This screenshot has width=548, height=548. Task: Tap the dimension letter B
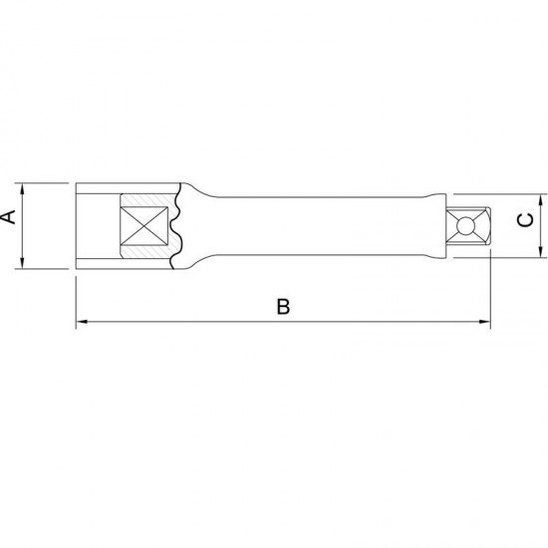283,308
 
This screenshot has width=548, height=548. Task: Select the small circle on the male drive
461,224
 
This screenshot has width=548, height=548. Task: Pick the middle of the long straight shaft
319,224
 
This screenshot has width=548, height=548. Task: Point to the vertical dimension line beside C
539,224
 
